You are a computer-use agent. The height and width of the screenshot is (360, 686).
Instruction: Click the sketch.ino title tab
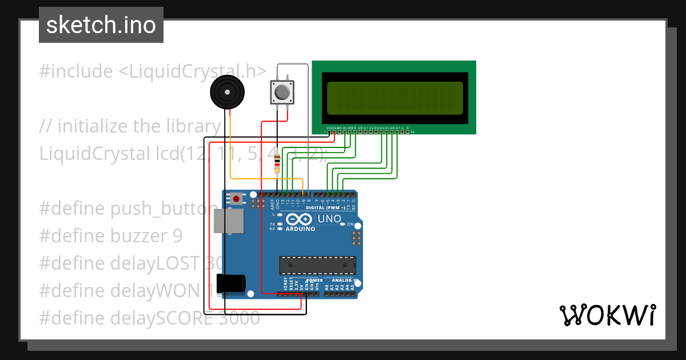click(101, 25)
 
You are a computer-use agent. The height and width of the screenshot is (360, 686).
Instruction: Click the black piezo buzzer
click(228, 92)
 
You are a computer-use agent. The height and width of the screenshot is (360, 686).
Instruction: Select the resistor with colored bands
click(277, 163)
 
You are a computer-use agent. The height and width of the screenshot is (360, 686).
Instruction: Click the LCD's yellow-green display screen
click(394, 97)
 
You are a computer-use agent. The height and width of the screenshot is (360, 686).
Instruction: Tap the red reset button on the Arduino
click(236, 199)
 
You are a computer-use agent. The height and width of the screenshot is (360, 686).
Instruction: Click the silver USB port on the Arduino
click(226, 221)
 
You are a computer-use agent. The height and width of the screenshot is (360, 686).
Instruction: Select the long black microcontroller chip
click(317, 265)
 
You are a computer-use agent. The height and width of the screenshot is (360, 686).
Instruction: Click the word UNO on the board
click(329, 219)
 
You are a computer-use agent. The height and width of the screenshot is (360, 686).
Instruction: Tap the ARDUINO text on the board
click(301, 229)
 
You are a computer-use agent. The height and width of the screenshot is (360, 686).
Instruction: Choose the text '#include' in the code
click(76, 71)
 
